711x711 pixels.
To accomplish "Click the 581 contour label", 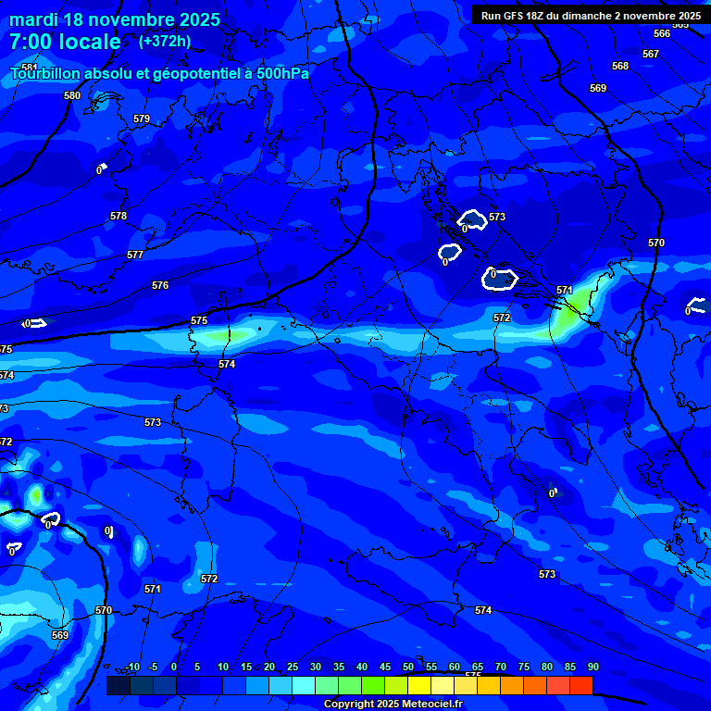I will (29, 68).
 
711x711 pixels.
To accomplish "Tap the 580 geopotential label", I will (72, 95).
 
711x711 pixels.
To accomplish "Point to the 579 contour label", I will (141, 118).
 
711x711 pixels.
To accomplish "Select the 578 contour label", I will (118, 216).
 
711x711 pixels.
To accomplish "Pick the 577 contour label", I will (135, 255).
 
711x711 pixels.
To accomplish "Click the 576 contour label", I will (160, 286).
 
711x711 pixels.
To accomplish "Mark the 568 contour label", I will (620, 66).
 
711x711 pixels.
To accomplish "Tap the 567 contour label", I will (651, 54).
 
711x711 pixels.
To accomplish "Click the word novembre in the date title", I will (129, 19).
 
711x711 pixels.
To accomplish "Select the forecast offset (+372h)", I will (165, 41).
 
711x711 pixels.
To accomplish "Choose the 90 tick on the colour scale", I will (592, 667).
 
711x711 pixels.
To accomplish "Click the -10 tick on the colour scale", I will (132, 667).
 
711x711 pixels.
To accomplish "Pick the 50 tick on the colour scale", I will (408, 667).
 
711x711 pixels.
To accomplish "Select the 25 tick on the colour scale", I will (292, 667).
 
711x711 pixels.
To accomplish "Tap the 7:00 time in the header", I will (34, 42).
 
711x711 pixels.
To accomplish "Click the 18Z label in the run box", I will (536, 16).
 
